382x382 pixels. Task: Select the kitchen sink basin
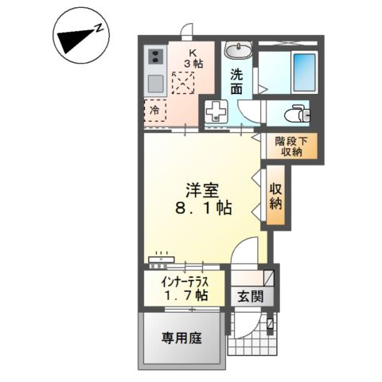[154, 83]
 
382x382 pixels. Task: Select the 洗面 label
[237, 82]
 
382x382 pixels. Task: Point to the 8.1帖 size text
[202, 210]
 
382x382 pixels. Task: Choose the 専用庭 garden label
[182, 337]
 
